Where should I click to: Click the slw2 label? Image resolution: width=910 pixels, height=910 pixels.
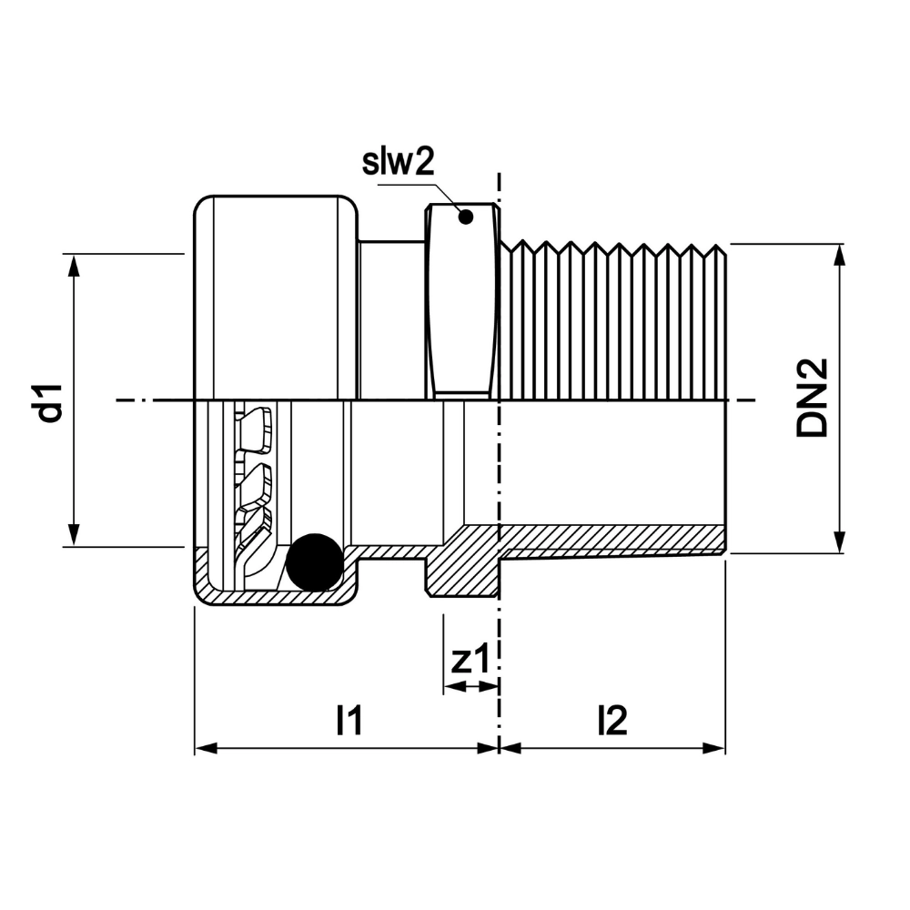coord(399,163)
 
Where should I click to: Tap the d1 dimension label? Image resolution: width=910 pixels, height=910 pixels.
coord(49,402)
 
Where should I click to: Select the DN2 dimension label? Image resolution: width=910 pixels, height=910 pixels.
coord(812,399)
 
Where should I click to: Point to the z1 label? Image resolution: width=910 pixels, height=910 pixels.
coord(470,660)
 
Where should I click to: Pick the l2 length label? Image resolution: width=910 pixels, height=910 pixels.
coord(612,720)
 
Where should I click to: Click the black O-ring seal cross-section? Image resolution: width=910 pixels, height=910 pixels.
coord(314,562)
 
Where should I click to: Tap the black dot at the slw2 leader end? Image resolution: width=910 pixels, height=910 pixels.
coord(465,217)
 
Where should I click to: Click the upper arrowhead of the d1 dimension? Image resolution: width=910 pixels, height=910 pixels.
coord(73,266)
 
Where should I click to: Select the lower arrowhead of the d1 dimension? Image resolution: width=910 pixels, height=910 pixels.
coord(73,534)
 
